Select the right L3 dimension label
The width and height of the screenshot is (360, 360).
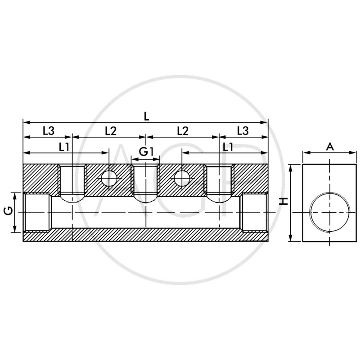[x=242, y=131]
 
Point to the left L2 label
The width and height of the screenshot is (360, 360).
[x=110, y=131]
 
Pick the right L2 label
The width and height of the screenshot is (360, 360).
[x=182, y=131]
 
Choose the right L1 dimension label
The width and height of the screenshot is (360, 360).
[x=228, y=147]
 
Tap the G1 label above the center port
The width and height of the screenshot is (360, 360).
[x=146, y=152]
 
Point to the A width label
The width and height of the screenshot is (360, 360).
[x=330, y=146]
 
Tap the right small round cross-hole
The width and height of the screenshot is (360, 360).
[x=182, y=179]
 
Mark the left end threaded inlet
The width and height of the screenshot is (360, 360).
[x=37, y=212]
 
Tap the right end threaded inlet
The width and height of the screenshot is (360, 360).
[x=254, y=212]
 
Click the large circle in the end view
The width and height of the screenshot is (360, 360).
[x=330, y=211]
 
